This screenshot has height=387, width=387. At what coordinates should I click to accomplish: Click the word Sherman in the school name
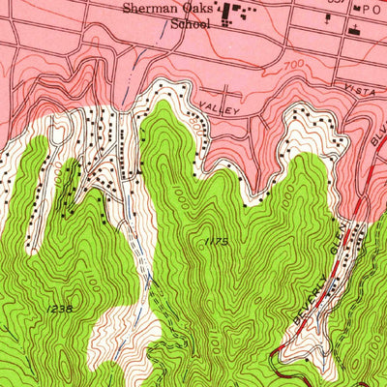point(148,9)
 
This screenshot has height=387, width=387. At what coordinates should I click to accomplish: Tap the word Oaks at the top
point(196,9)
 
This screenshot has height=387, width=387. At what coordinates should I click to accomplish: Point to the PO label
point(367,8)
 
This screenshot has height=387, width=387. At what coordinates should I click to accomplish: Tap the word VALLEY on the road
point(220,109)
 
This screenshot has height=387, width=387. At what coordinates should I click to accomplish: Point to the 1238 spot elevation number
point(59,308)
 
